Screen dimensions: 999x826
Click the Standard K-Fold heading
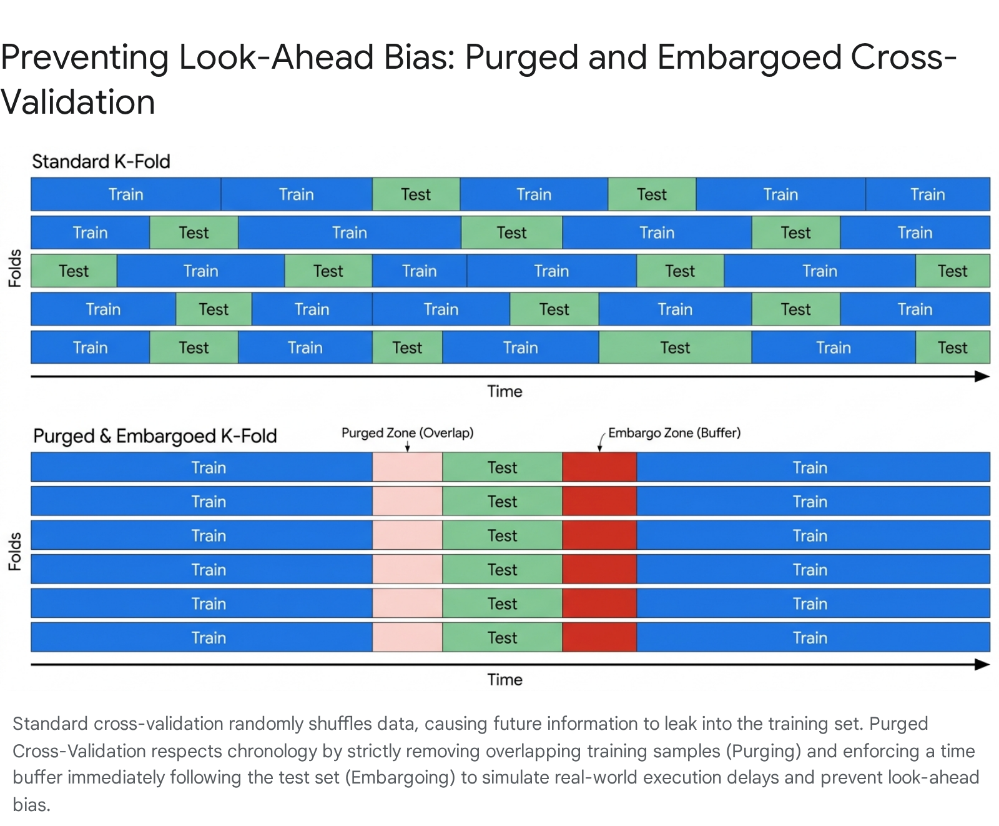(101, 162)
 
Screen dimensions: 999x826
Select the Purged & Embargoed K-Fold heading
(155, 436)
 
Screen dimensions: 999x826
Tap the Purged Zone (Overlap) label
(408, 433)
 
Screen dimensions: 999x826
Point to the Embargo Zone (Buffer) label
(674, 433)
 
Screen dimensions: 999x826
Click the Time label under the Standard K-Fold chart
(504, 392)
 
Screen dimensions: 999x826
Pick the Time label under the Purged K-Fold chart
(504, 680)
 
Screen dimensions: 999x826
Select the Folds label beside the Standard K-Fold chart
(15, 269)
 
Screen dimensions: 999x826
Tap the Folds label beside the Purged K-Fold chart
(15, 552)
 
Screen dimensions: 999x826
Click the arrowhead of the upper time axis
(982, 376)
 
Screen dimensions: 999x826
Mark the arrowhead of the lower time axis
(982, 664)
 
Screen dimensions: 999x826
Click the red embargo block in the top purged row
(599, 467)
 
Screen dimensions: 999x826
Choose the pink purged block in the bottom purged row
(408, 637)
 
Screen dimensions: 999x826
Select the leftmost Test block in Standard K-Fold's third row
(74, 271)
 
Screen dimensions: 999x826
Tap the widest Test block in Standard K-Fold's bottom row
(675, 347)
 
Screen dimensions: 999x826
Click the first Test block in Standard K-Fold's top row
(416, 194)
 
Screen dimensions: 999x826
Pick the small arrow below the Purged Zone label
(407, 446)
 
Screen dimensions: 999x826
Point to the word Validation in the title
(77, 102)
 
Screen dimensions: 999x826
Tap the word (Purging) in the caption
(763, 750)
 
